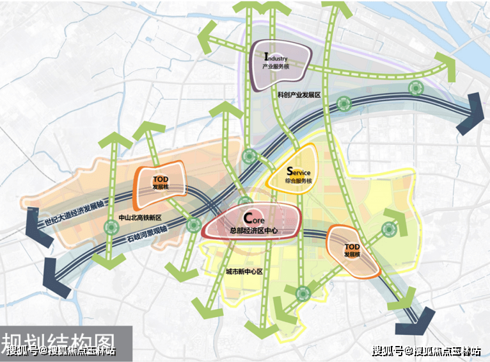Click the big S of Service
[290, 171]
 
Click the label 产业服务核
[277, 66]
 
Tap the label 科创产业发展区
[298, 94]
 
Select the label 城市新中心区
[244, 272]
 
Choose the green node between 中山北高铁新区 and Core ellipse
[193, 224]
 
